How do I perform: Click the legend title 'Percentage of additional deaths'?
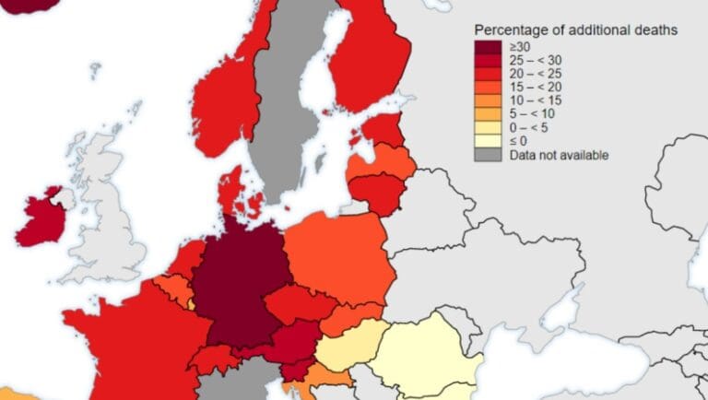[x=576, y=30]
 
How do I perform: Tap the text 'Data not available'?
[x=559, y=156]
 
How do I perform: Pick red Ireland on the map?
[x=37, y=218]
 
